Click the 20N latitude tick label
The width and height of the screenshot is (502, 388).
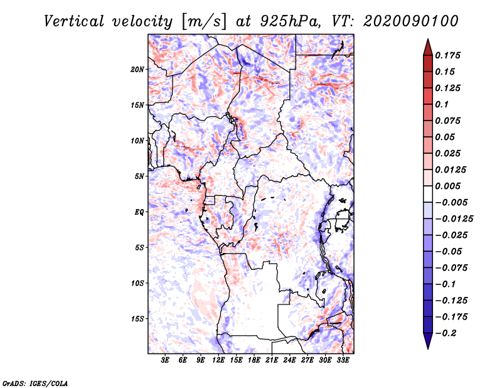click(137, 69)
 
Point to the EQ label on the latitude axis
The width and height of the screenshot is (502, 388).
click(139, 212)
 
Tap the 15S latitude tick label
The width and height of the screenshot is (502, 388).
click(137, 319)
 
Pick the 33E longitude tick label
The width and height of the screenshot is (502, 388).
click(343, 361)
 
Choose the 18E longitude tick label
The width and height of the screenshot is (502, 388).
click(254, 361)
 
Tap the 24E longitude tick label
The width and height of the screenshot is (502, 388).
click(289, 361)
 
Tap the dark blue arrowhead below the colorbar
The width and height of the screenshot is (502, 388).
click(427, 342)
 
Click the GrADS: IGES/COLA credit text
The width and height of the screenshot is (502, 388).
click(35, 382)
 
